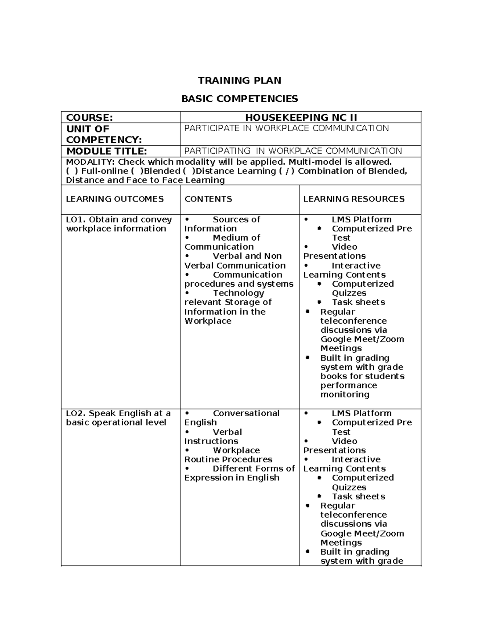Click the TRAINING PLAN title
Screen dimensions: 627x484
point(240,80)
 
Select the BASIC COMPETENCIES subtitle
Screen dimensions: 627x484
point(240,99)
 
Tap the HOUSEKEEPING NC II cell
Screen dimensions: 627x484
point(301,117)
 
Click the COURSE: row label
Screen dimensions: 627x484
point(89,117)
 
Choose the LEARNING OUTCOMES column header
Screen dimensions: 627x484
point(115,199)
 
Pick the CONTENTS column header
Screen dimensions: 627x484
point(208,199)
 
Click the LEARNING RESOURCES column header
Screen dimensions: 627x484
point(354,199)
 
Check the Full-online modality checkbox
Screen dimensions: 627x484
point(71,171)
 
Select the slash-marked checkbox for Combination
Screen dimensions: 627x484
point(286,171)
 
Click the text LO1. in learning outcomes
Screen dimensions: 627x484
point(76,220)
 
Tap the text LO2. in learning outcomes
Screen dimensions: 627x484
point(76,413)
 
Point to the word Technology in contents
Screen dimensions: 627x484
point(238,293)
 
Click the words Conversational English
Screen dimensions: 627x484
point(232,418)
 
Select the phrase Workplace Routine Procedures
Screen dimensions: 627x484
point(228,455)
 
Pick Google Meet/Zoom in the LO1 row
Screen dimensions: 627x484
point(362,340)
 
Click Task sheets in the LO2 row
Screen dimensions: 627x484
point(358,497)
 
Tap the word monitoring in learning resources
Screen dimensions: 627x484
point(345,394)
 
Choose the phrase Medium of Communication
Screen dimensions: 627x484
point(223,242)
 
